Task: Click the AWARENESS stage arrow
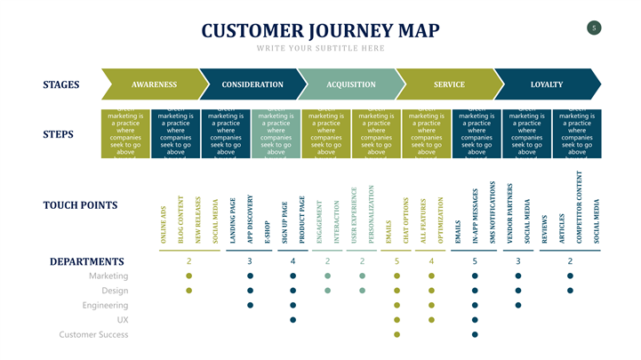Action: point(153,84)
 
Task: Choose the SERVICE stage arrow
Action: point(449,84)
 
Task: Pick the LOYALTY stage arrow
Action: point(547,84)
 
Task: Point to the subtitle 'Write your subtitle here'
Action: point(321,47)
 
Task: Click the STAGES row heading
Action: point(61,85)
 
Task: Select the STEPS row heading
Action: point(58,135)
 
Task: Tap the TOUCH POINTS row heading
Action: point(80,205)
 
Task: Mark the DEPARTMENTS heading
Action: point(86,261)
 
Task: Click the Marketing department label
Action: point(108,276)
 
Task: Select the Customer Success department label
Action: point(93,334)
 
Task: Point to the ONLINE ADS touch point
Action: point(164,225)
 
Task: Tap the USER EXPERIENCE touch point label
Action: point(355,213)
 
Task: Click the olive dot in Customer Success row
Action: point(397,334)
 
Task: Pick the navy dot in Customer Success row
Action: point(475,334)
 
